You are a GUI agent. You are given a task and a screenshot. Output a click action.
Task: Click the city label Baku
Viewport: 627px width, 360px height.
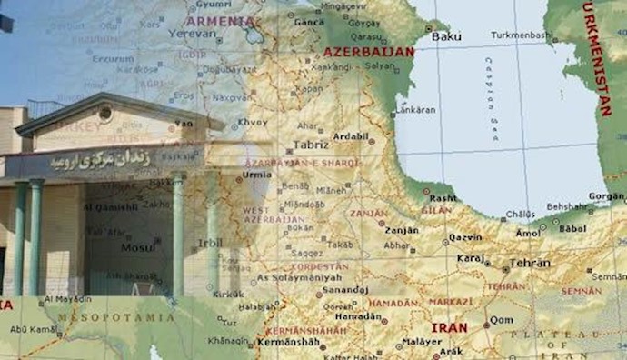point(446,36)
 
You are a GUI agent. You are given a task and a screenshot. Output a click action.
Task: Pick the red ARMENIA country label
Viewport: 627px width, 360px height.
point(219,20)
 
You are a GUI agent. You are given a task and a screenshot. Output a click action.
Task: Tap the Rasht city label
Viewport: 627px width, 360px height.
point(443,197)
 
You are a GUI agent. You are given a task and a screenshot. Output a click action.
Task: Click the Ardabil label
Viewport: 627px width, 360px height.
point(351,137)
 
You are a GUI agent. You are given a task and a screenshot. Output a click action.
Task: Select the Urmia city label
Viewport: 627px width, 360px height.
point(257,173)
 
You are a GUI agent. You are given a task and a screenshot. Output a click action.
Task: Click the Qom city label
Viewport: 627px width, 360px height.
point(502,320)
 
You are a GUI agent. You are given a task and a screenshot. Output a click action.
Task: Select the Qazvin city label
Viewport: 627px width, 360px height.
point(465,238)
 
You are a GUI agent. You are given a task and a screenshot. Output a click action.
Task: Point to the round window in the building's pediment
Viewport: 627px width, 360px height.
point(105,114)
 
